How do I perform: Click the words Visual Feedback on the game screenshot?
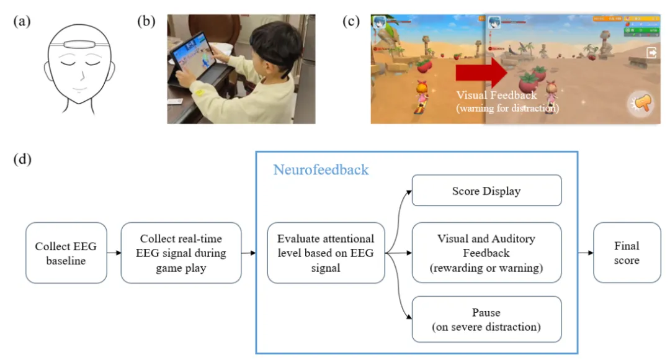coord(496,95)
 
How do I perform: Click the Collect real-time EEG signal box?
coord(181,253)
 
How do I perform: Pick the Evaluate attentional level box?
coord(326,253)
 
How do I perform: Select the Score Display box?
coord(486,191)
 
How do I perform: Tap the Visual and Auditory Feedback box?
coord(486,253)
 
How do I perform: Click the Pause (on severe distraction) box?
coord(486,319)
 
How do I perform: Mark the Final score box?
coord(626,253)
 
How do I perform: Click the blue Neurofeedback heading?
coord(321,169)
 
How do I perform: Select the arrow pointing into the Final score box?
coord(585,253)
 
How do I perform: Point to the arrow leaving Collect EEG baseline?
coord(114,253)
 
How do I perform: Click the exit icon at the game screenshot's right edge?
coord(651,53)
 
